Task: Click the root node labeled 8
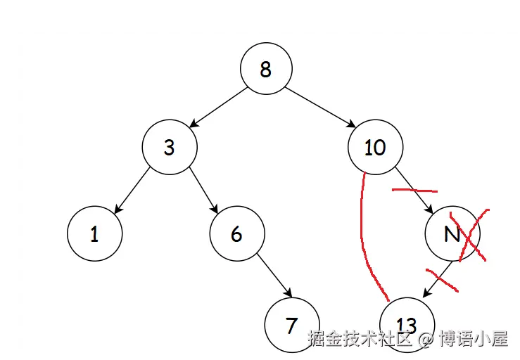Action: coord(265,69)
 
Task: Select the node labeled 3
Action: coord(169,147)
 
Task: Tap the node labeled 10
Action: coord(375,147)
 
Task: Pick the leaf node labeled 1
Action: coord(94,234)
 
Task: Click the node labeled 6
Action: coord(236,234)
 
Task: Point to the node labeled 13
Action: coord(406,325)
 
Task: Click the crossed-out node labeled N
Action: coord(451,234)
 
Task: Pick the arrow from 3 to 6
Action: coord(202,190)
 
